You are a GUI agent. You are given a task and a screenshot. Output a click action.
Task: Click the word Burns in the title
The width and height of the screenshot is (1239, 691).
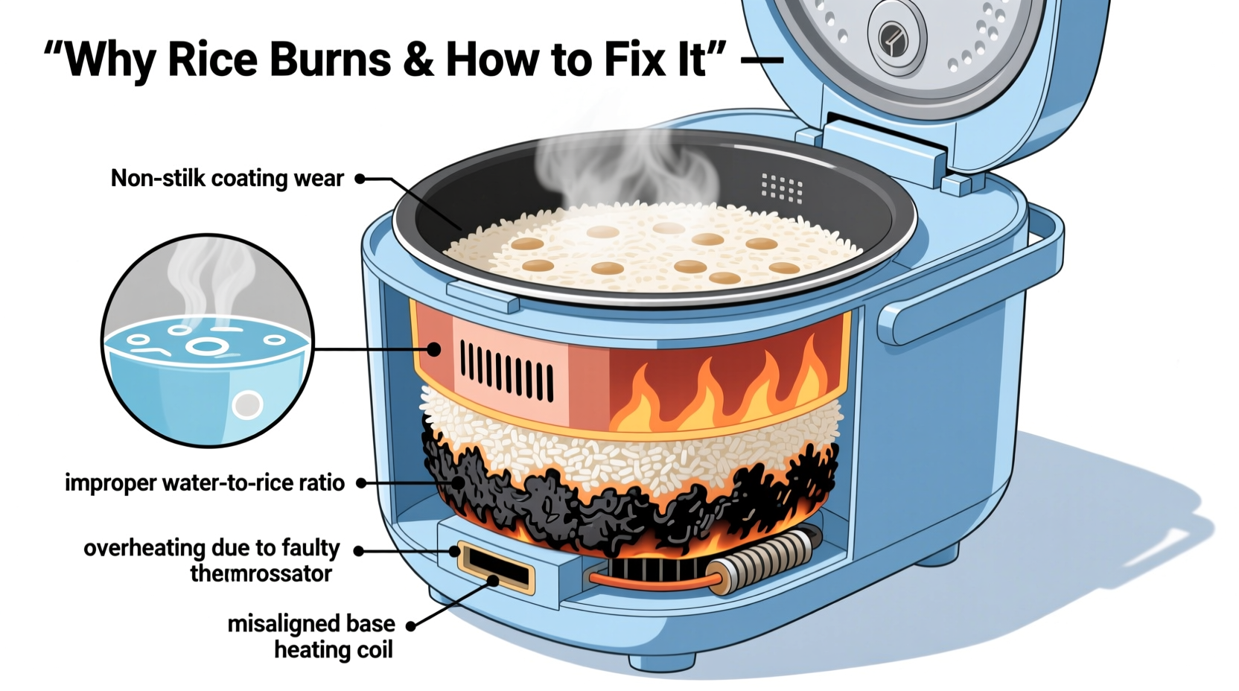click(x=329, y=60)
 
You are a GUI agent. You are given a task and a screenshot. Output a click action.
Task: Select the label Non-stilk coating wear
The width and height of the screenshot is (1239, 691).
click(x=227, y=179)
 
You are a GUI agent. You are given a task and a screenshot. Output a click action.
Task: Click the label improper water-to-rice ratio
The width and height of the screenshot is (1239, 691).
click(x=205, y=483)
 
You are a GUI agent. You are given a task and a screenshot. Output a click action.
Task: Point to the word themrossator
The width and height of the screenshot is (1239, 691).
click(x=261, y=574)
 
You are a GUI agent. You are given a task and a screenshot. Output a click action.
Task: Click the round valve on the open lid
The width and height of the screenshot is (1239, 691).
click(x=896, y=37)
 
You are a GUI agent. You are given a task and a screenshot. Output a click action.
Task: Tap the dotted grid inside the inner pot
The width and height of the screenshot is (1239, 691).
click(x=781, y=188)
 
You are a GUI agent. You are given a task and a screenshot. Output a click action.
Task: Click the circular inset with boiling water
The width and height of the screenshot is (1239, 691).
click(x=208, y=341)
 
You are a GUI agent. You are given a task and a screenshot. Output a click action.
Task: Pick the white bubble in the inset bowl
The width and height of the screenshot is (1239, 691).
click(x=247, y=405)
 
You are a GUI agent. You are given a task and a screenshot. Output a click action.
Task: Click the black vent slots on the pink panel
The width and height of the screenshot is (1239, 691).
click(x=506, y=370)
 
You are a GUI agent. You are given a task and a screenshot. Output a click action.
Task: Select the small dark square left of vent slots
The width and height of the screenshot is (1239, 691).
click(x=433, y=349)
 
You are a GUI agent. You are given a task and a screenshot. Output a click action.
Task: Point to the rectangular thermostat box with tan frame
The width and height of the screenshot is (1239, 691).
click(x=496, y=567)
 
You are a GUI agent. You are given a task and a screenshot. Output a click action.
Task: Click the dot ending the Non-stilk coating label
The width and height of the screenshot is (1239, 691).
click(x=360, y=179)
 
